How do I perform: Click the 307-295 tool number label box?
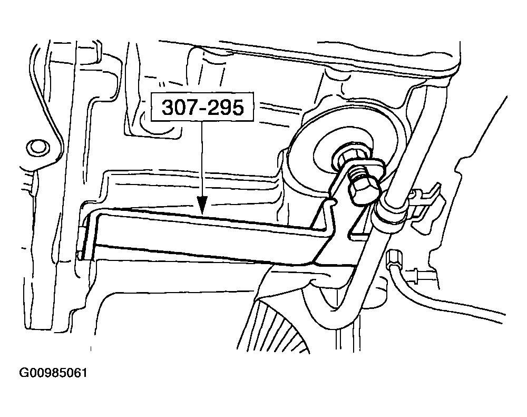point(202,106)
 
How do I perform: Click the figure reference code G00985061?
point(54,373)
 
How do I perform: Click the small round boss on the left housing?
point(37,147)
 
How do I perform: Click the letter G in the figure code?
point(24,373)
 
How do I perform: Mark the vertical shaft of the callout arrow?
point(202,158)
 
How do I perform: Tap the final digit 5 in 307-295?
point(237,107)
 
